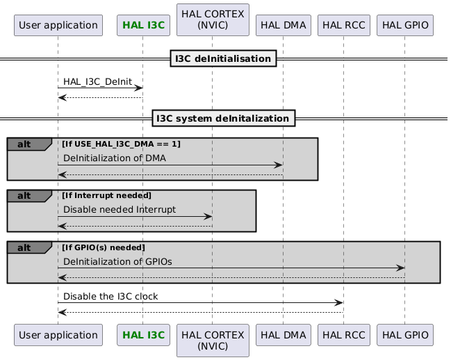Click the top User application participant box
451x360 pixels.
point(58,26)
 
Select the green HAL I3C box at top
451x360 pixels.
point(142,26)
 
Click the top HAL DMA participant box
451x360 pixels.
point(284,26)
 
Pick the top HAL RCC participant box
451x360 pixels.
point(343,26)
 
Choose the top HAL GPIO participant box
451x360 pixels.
point(404,26)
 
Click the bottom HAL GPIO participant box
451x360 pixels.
point(404,335)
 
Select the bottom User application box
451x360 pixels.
point(58,335)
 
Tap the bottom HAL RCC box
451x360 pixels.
point(343,335)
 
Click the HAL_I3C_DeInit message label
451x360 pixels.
point(97,81)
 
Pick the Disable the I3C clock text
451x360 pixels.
point(110,296)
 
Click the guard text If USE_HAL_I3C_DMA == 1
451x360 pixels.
point(121,144)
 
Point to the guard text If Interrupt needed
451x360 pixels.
point(106,195)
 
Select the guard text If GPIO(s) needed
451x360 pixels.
point(104,247)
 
